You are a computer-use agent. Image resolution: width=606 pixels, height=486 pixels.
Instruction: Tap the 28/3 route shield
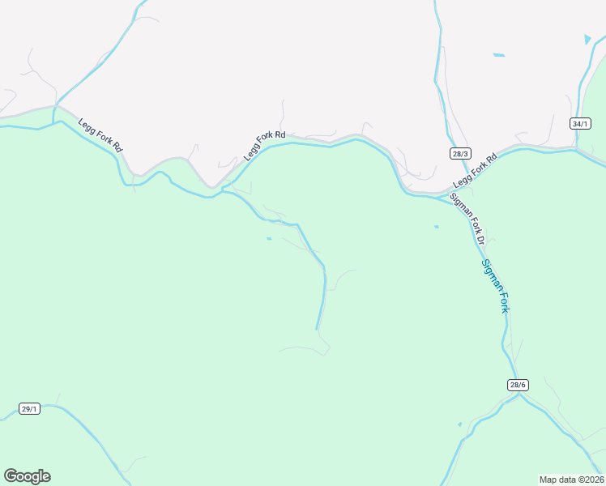(461, 152)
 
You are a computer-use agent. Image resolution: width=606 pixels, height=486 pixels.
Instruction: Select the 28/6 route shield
(519, 385)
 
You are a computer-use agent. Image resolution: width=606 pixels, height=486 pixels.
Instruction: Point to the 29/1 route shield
(29, 409)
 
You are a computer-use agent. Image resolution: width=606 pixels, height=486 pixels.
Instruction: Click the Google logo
(27, 476)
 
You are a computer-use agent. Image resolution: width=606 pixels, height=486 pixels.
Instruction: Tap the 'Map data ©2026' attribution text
(571, 480)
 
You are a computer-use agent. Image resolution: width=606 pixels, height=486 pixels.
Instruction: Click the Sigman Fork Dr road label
(467, 219)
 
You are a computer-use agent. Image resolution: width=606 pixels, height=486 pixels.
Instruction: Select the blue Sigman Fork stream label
(496, 286)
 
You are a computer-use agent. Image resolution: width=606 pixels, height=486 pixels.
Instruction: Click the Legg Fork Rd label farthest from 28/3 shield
(100, 136)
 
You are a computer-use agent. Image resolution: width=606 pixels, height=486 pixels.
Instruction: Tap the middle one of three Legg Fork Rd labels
(265, 145)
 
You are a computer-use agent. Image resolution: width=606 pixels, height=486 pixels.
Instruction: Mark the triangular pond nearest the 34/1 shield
(587, 38)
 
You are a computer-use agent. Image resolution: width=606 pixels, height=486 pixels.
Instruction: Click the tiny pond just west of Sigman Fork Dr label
(436, 227)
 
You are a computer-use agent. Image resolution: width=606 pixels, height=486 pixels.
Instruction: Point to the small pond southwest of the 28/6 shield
(459, 424)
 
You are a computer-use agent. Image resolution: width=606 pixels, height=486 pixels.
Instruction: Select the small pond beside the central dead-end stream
(268, 238)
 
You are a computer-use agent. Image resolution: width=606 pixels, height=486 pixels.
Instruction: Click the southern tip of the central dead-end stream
(316, 328)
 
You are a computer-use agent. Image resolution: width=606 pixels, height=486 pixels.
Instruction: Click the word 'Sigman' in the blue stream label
(489, 274)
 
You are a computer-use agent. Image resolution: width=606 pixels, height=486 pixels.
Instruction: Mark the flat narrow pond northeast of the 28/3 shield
(498, 55)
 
